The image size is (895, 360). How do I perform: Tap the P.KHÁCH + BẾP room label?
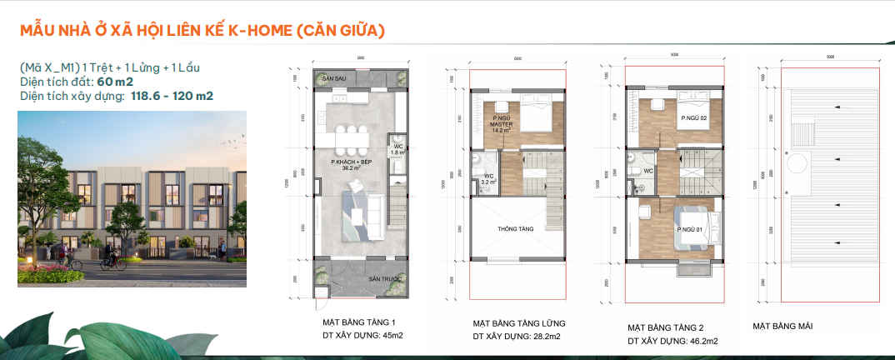point(350,163)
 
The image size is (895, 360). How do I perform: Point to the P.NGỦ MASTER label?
point(500,125)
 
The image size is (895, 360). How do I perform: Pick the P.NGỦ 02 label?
point(693,119)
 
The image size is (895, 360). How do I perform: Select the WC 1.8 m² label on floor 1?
point(397,149)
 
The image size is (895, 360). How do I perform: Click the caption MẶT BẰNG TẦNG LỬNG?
point(519,322)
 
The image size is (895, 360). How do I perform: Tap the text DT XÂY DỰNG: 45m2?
point(362,336)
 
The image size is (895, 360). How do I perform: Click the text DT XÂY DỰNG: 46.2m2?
point(672,340)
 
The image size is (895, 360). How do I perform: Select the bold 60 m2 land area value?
point(113,82)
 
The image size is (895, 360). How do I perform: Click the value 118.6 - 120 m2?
point(171,96)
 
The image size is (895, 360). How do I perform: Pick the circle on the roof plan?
point(794,161)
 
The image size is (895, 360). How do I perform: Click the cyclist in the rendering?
point(107,262)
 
